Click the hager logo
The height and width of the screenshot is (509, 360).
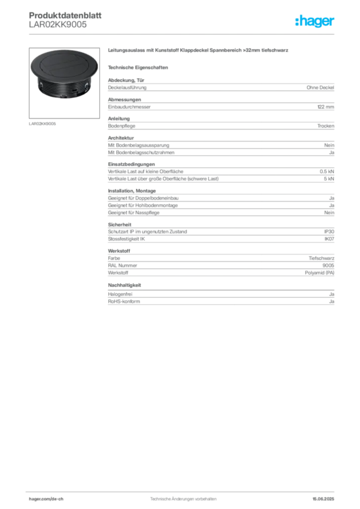pos(315,21)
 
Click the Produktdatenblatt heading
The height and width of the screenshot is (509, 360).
pos(65,15)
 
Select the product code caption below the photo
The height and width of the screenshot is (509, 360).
pos(42,124)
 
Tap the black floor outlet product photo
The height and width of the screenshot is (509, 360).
pos(64,75)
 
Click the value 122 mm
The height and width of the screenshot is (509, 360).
pos(326,107)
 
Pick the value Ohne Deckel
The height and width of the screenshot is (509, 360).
pos(320,87)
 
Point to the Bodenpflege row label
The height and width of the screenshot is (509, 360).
pos(122,126)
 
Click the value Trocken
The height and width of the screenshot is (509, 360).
pos(326,126)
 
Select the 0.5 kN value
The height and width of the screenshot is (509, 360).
pos(327,171)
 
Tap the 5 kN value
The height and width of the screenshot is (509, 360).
pos(329,179)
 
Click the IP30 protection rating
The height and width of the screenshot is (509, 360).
pos(329,232)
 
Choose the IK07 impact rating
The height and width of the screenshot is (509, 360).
pos(329,239)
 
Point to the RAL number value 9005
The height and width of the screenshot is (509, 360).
pos(328,265)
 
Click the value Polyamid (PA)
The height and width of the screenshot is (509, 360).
pos(319,273)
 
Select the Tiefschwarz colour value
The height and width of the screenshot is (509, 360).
pos(321,258)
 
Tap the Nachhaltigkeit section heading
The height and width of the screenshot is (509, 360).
pos(124,285)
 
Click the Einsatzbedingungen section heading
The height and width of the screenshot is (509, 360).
pos(131,164)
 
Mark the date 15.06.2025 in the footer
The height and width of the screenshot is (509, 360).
pos(323,499)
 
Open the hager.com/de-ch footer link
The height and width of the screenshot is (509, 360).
pos(46,499)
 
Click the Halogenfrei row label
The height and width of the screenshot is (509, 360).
pos(120,294)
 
